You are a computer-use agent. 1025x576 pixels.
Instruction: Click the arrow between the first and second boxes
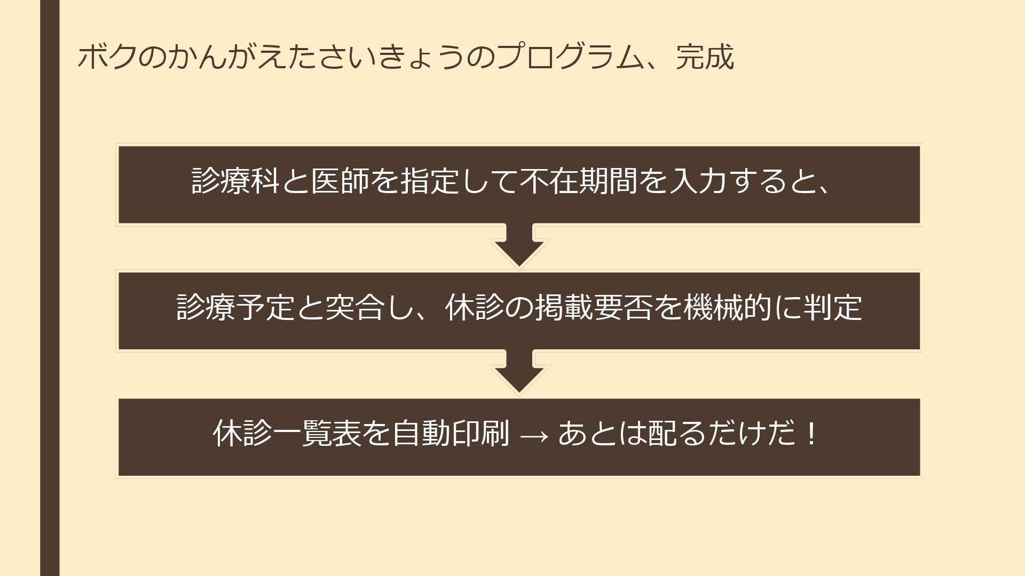(x=519, y=246)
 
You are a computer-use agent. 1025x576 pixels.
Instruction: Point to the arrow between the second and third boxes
(x=519, y=373)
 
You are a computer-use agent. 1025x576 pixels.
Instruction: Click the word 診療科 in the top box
(x=235, y=181)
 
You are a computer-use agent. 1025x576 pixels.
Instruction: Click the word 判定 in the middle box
(x=832, y=307)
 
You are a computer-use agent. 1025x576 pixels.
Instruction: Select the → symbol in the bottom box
(x=534, y=435)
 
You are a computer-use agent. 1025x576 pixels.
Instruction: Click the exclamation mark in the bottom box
(x=812, y=433)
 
